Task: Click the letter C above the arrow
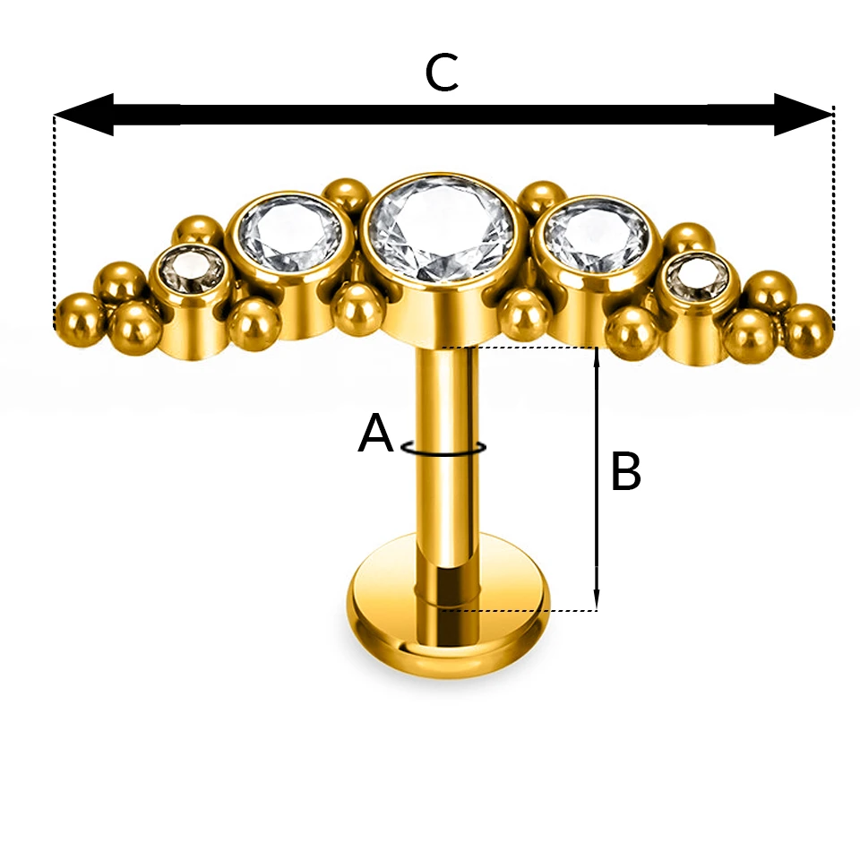441,73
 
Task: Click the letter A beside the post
375,433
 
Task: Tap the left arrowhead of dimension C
84,115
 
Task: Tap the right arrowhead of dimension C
804,115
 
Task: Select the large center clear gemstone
441,228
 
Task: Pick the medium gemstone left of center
290,233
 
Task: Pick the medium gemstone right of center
597,236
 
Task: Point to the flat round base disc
449,605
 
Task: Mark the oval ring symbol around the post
443,448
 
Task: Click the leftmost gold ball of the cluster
82,321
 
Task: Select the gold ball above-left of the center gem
344,194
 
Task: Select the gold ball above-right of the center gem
541,199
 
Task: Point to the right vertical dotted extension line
834,219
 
